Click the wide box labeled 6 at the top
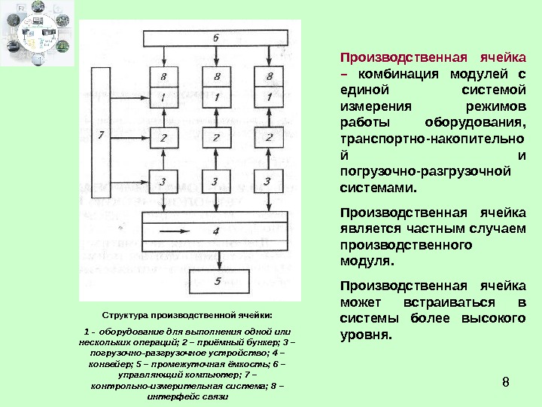[x=215, y=38]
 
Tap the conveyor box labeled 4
[x=215, y=231]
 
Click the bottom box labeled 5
[x=216, y=281]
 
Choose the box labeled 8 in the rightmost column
[x=268, y=77]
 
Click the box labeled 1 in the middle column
[x=216, y=96]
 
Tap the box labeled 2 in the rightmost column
[x=268, y=138]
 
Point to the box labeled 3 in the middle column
[x=216, y=181]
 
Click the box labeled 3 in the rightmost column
[x=268, y=181]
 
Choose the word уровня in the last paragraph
[x=366, y=335]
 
